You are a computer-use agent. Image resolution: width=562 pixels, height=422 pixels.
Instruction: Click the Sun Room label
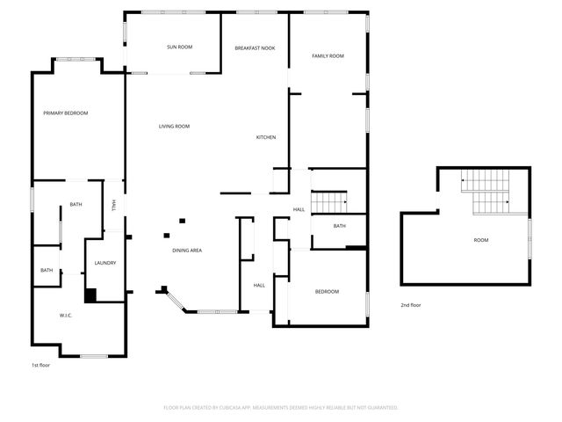[179, 47]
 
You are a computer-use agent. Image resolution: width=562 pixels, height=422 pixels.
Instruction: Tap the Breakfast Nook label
[255, 47]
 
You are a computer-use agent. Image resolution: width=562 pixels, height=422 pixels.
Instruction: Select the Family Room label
[328, 56]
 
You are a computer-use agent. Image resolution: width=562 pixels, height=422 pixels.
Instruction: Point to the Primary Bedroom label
[66, 113]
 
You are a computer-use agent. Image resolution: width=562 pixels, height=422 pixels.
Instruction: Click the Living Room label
[174, 127]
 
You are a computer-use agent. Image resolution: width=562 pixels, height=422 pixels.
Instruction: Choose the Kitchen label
[266, 138]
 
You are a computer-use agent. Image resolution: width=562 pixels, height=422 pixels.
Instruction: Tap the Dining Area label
[187, 251]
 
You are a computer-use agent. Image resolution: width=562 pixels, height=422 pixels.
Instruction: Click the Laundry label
[105, 263]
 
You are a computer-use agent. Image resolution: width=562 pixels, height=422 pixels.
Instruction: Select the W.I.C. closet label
[65, 316]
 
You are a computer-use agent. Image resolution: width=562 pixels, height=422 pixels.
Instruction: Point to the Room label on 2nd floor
[481, 240]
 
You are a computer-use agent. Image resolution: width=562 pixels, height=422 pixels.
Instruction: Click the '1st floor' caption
[40, 364]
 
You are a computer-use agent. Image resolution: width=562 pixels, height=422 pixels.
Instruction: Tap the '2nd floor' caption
[411, 305]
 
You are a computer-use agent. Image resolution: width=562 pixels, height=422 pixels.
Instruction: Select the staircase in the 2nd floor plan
[487, 193]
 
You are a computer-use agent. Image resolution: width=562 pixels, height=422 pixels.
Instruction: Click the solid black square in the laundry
[90, 295]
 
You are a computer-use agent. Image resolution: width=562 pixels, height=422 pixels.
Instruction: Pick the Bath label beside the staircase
[339, 227]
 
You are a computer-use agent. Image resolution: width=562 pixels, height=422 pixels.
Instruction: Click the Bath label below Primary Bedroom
[76, 205]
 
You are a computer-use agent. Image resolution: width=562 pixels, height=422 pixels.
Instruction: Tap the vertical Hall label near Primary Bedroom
[114, 206]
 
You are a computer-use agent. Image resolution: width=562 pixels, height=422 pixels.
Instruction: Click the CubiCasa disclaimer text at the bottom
[281, 408]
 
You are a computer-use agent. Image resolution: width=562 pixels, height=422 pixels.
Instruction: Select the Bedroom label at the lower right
[327, 292]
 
